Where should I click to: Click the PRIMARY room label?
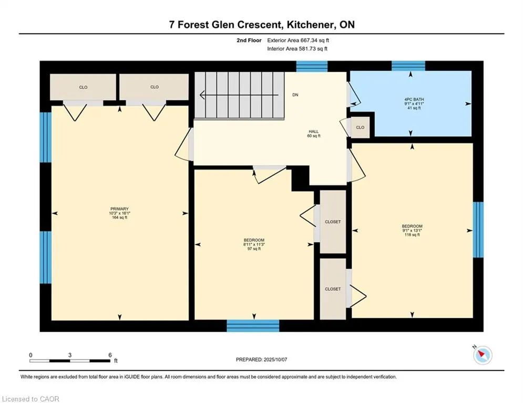coord(119,209)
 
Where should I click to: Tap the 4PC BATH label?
coord(414,99)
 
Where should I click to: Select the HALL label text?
coord(313,132)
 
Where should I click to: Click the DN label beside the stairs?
coord(295,95)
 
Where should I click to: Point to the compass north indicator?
coord(483,355)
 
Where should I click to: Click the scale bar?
coord(70,360)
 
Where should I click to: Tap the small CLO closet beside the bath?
coord(360,127)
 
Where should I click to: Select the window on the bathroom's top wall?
coord(408,66)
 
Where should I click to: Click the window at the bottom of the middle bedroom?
coord(253,326)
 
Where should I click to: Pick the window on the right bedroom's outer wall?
coord(478,229)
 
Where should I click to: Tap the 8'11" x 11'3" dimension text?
coord(254,245)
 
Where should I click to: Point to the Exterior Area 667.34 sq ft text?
coord(298,40)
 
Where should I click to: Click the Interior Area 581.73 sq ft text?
coord(297,49)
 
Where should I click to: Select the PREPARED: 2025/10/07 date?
coord(262,359)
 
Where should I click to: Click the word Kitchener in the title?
coord(310,25)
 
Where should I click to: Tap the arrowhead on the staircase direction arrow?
coord(202,96)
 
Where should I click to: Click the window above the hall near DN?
coord(312,66)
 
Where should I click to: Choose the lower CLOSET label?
coord(333,289)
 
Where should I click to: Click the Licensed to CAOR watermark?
coord(30,399)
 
